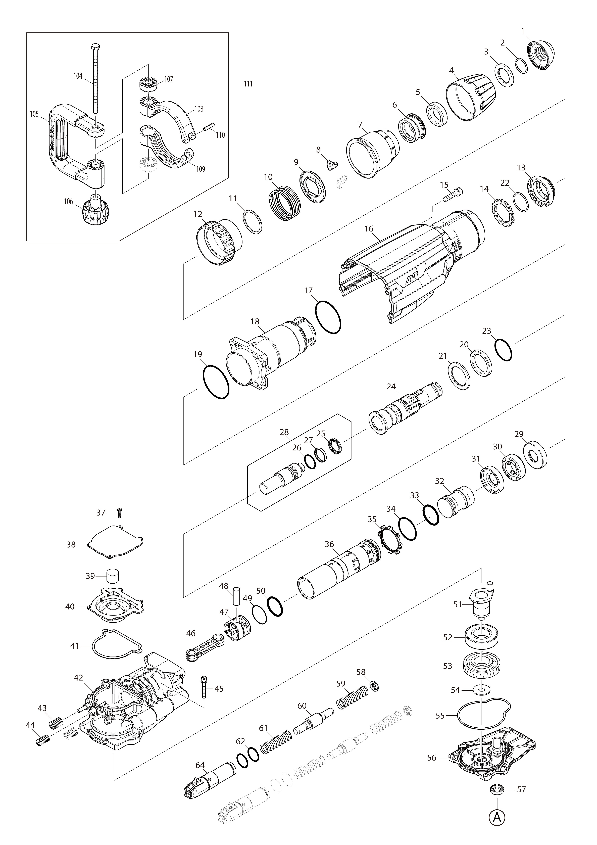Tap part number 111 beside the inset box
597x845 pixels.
coord(248,84)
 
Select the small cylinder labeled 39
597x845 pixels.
coord(114,576)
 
